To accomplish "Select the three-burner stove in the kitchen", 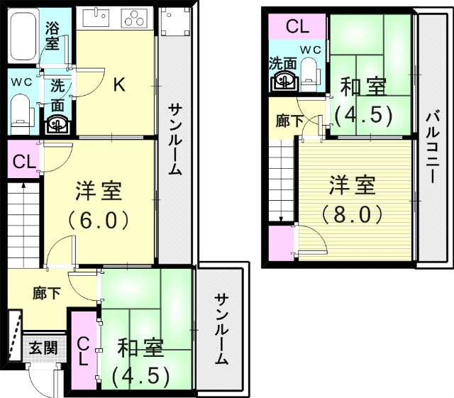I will coord(132,18).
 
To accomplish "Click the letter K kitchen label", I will coord(119,85).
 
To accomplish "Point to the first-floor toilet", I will coord(22,112).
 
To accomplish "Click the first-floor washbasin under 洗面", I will coord(57,124).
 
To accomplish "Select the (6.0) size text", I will coord(99,219).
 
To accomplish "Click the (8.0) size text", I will coord(353,213).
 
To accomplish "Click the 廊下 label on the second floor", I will coord(289,121).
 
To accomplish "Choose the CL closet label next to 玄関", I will coord(83,351).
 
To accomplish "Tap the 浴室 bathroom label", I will coord(52,35).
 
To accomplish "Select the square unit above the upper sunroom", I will coord(172,23).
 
